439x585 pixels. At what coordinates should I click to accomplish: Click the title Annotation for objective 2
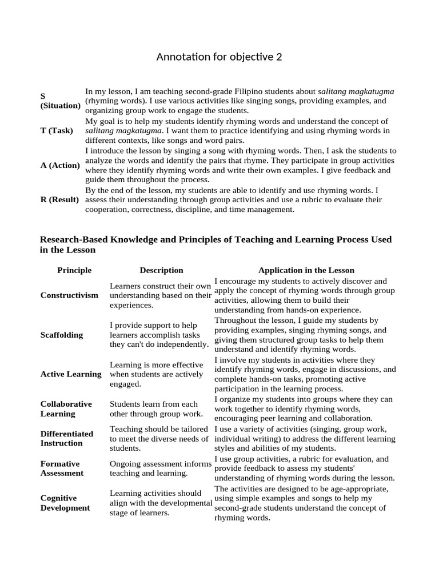coord(219,57)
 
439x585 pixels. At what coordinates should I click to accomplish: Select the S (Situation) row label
coord(60,101)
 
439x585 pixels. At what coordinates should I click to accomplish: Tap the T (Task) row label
coord(57,130)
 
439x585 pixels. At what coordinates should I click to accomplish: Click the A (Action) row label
coord(60,165)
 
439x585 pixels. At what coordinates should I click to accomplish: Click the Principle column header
coord(74,270)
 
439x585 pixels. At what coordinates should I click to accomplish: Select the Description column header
coord(161,270)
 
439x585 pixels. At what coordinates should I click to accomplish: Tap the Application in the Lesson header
coord(306,270)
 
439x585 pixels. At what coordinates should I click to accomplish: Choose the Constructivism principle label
coord(69,295)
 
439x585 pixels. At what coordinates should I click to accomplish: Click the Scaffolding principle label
coord(62,335)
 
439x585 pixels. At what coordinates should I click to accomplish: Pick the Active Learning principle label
coord(71,374)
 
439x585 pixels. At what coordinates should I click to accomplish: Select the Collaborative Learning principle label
coord(66,408)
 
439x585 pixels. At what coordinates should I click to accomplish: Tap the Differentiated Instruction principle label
coord(67,438)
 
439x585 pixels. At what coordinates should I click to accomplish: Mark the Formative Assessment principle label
coord(62,468)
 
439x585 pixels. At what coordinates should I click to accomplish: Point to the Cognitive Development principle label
coord(65,503)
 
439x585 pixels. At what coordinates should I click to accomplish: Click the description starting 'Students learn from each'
coord(155,408)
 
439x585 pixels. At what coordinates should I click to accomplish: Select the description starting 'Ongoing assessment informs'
coord(161,468)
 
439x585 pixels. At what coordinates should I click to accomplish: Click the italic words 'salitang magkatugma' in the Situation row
coord(356,91)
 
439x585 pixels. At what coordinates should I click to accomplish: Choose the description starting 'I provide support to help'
coord(159,335)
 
